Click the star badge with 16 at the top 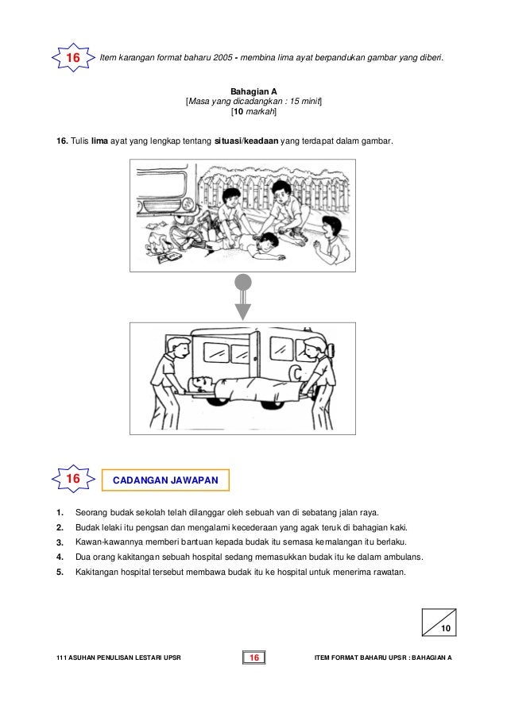(x=73, y=58)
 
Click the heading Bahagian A (x=253, y=91)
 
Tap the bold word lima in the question (x=99, y=141)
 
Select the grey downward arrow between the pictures (x=243, y=297)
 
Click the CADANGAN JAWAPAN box (x=165, y=480)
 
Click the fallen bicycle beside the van (x=192, y=233)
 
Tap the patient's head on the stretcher (x=201, y=384)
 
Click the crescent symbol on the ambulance (x=297, y=374)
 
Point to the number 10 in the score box (x=446, y=628)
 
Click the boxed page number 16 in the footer (x=254, y=657)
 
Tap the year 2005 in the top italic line (x=223, y=58)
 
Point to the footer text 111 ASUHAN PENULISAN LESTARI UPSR (x=118, y=657)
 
